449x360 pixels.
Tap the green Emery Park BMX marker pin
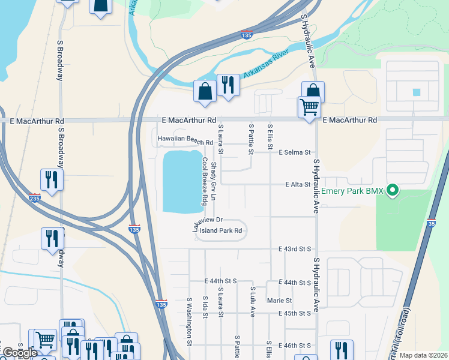tap(393, 191)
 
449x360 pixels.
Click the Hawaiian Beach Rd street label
tap(185, 139)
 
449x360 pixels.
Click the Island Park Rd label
tap(221, 230)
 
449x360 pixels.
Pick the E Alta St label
tap(298, 185)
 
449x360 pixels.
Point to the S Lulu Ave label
tap(253, 301)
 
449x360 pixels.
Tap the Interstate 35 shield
tap(432, 223)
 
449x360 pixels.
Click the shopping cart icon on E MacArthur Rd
tap(310, 108)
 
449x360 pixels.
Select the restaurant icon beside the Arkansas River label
tap(228, 85)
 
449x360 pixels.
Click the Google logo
tap(20, 353)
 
